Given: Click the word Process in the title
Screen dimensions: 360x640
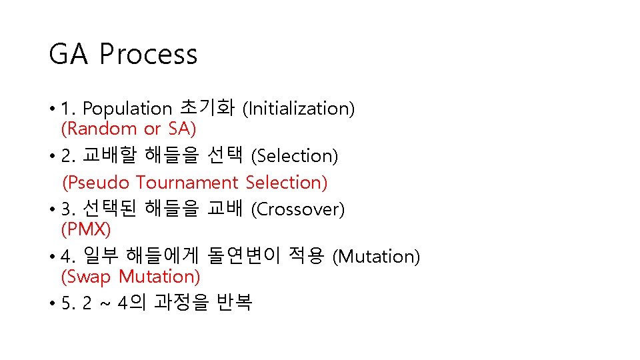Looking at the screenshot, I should click(149, 54).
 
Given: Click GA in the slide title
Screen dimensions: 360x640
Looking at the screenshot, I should click(69, 54).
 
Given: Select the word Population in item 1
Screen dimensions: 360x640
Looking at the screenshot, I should click(127, 108).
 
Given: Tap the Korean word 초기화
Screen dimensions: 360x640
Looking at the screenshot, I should click(207, 107).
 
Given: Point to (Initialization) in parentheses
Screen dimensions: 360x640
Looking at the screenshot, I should click(298, 108).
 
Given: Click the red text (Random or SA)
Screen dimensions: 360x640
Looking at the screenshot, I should click(128, 128).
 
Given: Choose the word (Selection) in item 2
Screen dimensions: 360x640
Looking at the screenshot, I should click(295, 156).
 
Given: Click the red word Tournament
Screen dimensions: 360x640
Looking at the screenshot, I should click(187, 182).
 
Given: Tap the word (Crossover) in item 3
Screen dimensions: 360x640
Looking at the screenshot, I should click(297, 209).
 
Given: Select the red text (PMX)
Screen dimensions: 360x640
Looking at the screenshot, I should click(85, 229).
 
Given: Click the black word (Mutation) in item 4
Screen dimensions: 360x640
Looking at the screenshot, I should click(376, 256).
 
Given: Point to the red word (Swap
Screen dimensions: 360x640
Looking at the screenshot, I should click(86, 276).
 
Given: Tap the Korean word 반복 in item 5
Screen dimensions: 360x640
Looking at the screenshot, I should click(235, 303).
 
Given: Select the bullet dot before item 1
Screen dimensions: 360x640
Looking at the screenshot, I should click(52, 109).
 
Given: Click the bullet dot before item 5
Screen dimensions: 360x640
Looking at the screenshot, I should click(52, 304).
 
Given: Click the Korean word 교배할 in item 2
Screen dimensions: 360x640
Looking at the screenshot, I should click(109, 156).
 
